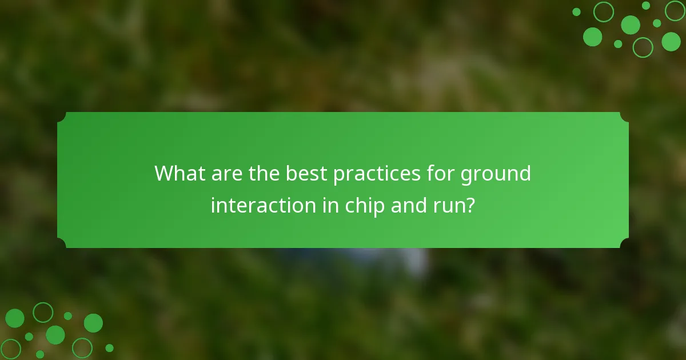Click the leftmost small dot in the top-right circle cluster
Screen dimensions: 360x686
(x=576, y=12)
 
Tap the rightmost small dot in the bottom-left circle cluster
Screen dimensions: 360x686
(x=109, y=347)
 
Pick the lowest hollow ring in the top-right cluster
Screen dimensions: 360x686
(x=643, y=47)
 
